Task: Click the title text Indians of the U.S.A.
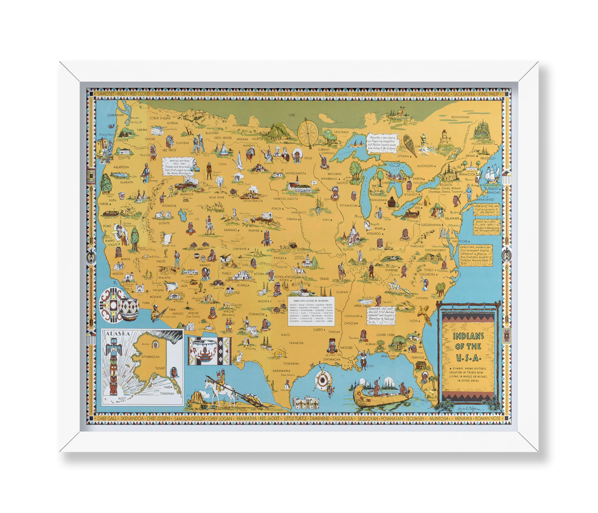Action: click(468, 347)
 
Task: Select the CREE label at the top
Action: click(292, 115)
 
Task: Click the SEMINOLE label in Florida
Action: click(418, 357)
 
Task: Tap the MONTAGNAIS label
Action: click(460, 117)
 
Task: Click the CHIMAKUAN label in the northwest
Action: click(115, 115)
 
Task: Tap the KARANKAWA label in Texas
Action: click(282, 371)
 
